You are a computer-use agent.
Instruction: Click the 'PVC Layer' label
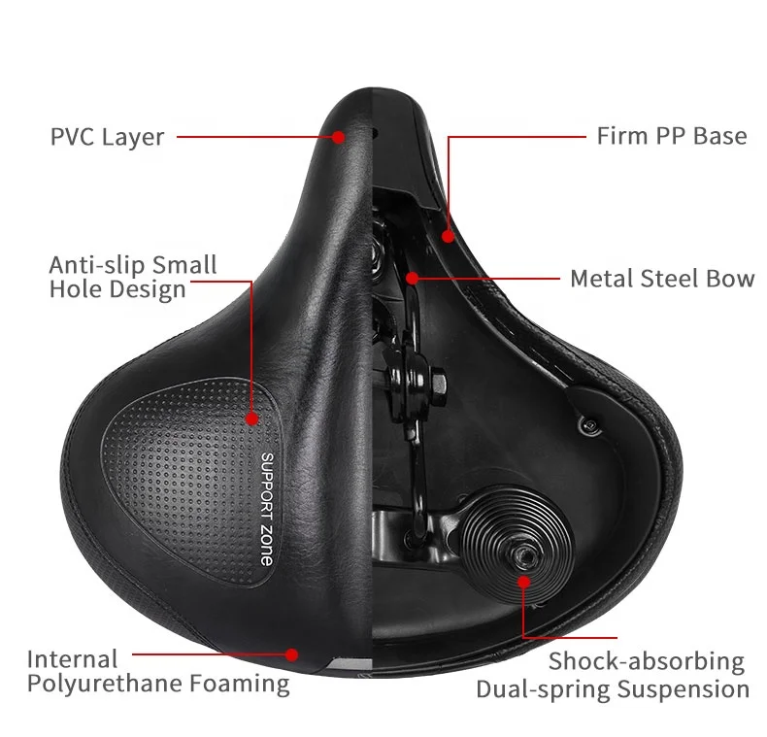(x=107, y=136)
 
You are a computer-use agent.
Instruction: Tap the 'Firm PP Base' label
(x=672, y=135)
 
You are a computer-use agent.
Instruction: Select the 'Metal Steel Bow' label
(x=662, y=279)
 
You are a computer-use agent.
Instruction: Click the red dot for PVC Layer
(x=338, y=137)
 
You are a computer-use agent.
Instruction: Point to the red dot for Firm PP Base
(x=448, y=234)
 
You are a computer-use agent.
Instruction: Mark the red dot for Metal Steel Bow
(x=413, y=278)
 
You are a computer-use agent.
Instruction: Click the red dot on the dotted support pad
(x=251, y=419)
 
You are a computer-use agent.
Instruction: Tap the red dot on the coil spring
(x=523, y=582)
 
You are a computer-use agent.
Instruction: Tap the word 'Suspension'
(x=688, y=690)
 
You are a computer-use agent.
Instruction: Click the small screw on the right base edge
(x=589, y=420)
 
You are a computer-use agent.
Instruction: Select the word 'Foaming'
(x=245, y=684)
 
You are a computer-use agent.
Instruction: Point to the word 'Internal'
(x=73, y=659)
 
